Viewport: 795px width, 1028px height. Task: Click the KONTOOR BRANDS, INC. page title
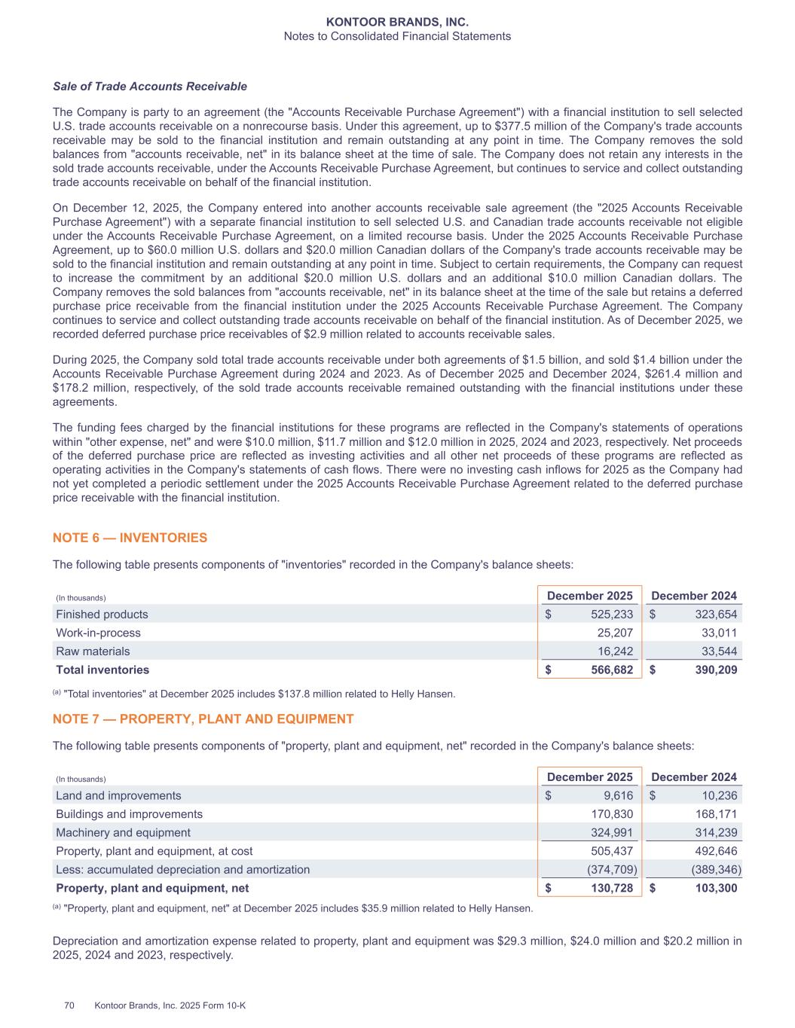pos(397,23)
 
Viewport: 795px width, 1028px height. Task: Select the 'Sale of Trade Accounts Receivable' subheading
pos(150,87)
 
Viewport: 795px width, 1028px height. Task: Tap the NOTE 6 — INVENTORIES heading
pos(130,538)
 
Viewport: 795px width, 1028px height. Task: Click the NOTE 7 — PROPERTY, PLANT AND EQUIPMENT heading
pos(203,719)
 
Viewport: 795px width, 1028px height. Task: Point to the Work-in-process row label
pos(98,633)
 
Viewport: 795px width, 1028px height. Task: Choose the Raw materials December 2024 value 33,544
pos(716,651)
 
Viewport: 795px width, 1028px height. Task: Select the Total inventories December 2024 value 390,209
pos(714,670)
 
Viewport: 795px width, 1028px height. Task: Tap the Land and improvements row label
pos(118,796)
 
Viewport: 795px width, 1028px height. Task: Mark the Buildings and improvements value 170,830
pos(610,814)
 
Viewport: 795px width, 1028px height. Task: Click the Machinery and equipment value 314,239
pos(714,833)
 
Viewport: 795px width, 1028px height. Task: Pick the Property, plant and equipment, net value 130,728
pos(610,888)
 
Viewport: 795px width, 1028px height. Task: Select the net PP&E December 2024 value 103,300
pos(714,888)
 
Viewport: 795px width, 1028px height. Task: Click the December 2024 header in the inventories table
pos(694,596)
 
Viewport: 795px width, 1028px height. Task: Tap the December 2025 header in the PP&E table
pos(589,777)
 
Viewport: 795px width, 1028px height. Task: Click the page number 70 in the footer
pos(69,1005)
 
